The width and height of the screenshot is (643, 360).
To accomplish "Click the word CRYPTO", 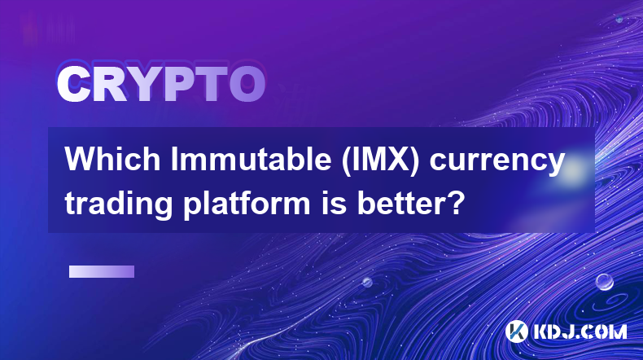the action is click(x=161, y=84).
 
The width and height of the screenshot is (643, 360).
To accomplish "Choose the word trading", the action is click(x=119, y=204).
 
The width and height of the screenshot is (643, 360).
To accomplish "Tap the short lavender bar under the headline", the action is click(x=102, y=271).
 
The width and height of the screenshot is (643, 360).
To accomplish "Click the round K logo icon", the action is click(x=516, y=331).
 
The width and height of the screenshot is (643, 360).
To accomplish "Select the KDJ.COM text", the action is click(x=580, y=331).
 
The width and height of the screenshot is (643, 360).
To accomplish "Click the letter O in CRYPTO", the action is click(x=247, y=85).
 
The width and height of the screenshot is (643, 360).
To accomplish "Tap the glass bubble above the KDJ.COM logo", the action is click(x=605, y=282).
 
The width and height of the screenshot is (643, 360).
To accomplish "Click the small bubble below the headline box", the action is click(x=366, y=282).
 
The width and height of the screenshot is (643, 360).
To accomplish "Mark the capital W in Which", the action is click(x=80, y=160).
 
